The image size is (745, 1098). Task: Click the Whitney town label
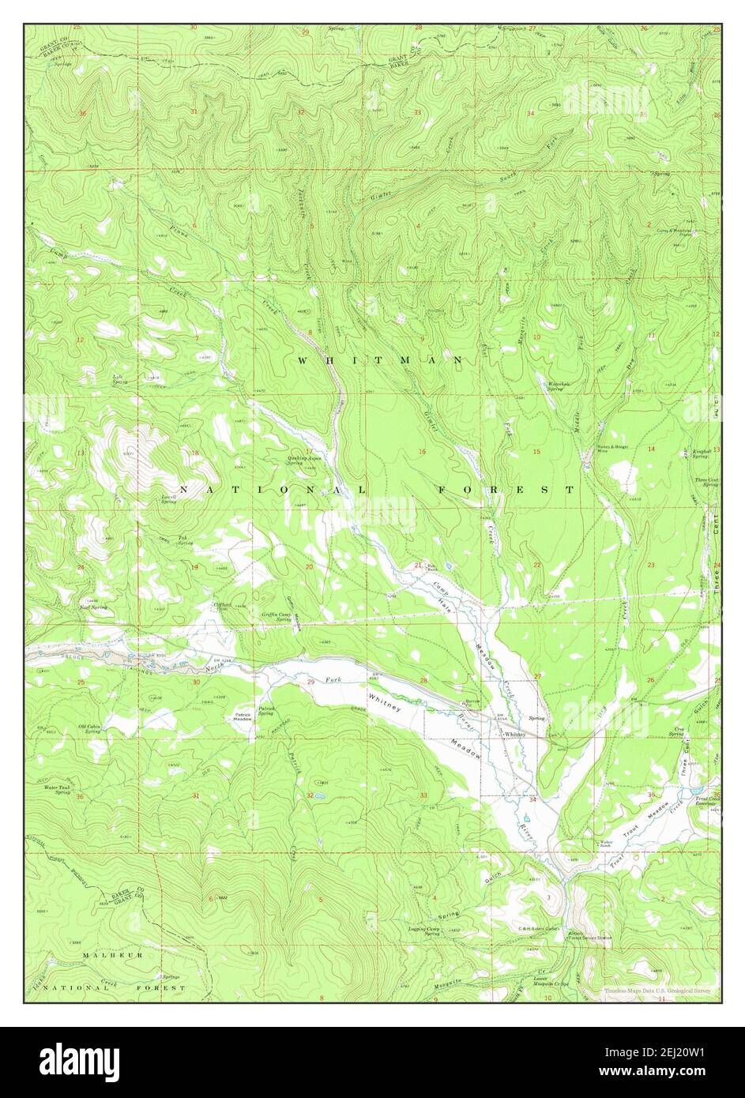[x=514, y=734]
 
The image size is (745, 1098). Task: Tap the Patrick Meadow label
[x=243, y=718]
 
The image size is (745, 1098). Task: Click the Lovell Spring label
[x=168, y=499]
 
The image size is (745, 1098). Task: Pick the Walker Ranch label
[x=607, y=844]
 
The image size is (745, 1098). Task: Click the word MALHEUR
[x=114, y=954]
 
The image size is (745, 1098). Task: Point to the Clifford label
[x=222, y=606]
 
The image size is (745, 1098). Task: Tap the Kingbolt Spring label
[x=701, y=453]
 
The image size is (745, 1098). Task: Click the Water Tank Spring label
[x=58, y=789]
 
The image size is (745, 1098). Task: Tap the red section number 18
[x=195, y=453]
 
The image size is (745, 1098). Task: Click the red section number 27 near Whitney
[x=537, y=676]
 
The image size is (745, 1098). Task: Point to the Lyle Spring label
[x=119, y=379]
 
